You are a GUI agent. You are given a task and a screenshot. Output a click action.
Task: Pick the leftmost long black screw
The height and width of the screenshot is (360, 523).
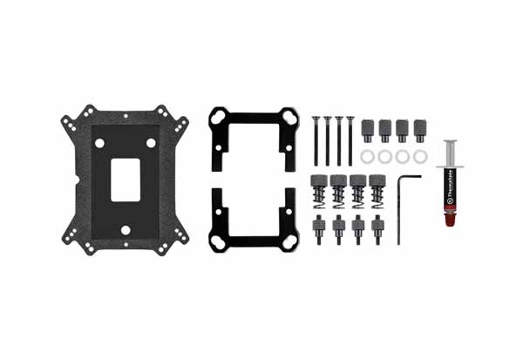(x=315, y=139)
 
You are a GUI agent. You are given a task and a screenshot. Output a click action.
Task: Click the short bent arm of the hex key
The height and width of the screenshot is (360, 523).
(x=409, y=177)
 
